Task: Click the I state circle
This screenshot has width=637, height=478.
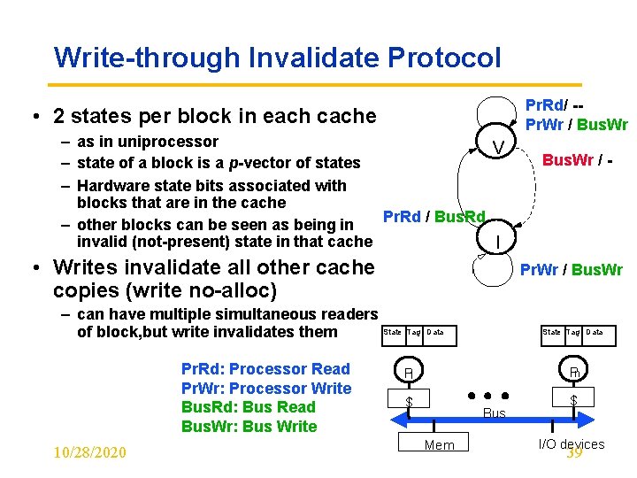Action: tap(500, 240)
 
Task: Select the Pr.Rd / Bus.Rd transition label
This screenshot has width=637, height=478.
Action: tap(434, 216)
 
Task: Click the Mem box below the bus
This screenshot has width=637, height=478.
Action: tap(439, 444)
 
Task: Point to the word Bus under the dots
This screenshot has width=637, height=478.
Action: tap(495, 413)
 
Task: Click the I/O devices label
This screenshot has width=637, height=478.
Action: tap(572, 443)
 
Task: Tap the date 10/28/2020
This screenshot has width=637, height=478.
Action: tap(89, 452)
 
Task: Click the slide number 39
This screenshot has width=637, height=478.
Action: tap(574, 453)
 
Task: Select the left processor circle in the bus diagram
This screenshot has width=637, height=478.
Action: tap(408, 373)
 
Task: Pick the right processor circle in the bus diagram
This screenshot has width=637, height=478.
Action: tap(574, 372)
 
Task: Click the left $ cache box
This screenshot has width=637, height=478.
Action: tap(409, 402)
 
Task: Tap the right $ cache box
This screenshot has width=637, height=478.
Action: tap(573, 401)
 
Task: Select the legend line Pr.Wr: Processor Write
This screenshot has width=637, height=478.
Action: tap(265, 389)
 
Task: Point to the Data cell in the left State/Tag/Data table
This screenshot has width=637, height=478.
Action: tap(435, 333)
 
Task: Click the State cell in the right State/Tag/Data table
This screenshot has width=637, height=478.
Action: tap(551, 333)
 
